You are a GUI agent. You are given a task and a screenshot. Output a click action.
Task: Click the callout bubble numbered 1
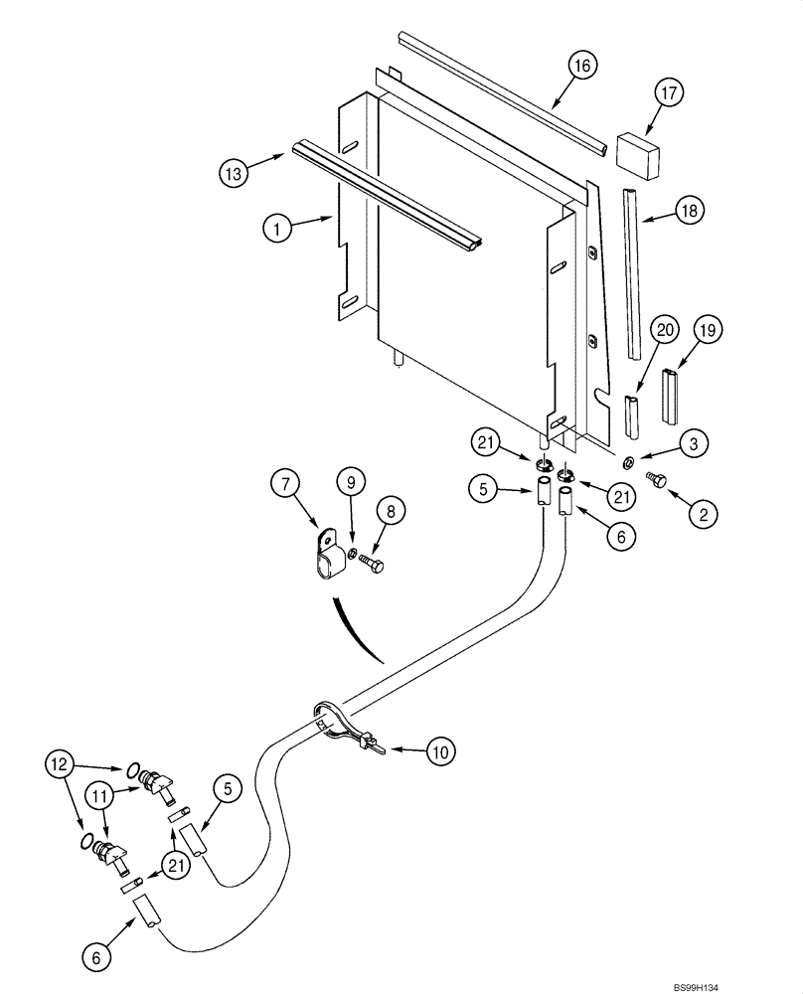tap(278, 228)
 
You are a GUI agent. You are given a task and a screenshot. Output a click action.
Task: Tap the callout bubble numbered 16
tap(583, 67)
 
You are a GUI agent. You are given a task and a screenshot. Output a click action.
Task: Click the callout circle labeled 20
tap(667, 331)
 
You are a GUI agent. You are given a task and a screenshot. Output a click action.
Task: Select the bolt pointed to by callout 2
tap(657, 479)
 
